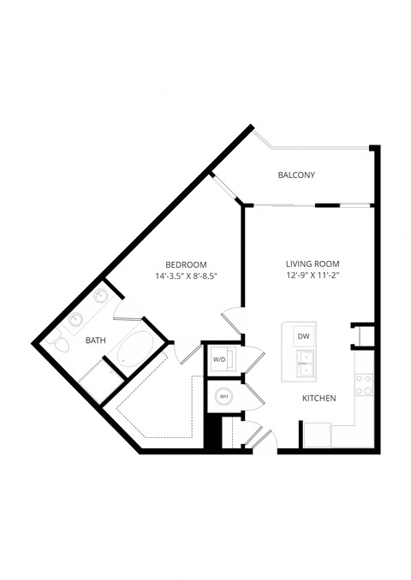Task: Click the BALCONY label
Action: (x=296, y=175)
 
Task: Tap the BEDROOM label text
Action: (x=186, y=264)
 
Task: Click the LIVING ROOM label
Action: (x=313, y=263)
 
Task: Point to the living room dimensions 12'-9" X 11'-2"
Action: (x=313, y=275)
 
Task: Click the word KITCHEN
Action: (x=319, y=399)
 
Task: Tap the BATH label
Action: (x=96, y=340)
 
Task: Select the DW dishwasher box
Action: (x=303, y=336)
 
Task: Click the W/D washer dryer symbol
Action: (x=219, y=359)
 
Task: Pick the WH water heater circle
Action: (x=223, y=396)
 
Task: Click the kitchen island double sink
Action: (x=304, y=364)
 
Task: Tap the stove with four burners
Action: (x=363, y=384)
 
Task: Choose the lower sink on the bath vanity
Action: (x=77, y=319)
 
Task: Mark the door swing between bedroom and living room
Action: (x=232, y=323)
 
